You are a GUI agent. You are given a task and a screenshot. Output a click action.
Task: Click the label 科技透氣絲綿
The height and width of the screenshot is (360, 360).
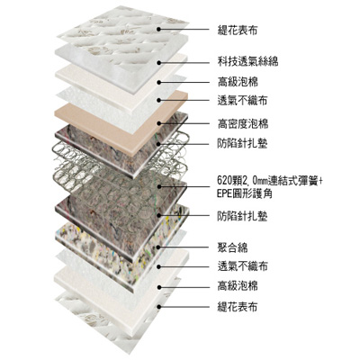point(247,61)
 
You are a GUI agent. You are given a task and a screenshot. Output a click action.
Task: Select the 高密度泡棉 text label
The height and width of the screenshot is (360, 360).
point(243,123)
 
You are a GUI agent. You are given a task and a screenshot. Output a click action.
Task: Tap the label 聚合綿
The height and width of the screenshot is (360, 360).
point(232,248)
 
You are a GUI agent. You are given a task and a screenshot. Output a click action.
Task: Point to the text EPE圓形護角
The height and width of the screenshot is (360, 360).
point(245,193)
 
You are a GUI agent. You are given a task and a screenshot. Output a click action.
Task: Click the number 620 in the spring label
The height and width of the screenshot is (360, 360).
point(224,181)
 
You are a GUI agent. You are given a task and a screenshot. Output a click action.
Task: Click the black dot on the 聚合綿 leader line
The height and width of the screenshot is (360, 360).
point(159,247)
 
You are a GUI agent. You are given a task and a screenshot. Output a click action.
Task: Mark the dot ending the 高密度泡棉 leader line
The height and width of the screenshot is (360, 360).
point(159,123)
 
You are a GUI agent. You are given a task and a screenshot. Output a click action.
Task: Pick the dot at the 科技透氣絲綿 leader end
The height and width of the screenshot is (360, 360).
point(159,63)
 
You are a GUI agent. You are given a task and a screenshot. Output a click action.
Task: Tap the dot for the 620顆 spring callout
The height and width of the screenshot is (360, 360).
point(159,186)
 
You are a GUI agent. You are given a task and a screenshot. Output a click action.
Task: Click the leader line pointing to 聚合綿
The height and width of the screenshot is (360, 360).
point(184,247)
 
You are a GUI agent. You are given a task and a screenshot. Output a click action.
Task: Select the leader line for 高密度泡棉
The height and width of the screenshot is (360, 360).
point(184,123)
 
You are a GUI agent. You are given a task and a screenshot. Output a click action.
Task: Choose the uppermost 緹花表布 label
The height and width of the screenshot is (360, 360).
point(238,31)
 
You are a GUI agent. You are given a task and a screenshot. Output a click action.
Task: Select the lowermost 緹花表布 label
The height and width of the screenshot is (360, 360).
point(238,307)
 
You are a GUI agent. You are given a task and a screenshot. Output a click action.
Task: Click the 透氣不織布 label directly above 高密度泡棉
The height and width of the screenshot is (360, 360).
point(242,101)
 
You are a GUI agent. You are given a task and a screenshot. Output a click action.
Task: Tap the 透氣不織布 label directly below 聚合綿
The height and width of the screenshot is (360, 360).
point(242,266)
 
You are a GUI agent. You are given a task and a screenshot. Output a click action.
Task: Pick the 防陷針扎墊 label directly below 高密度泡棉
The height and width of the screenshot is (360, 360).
point(242,143)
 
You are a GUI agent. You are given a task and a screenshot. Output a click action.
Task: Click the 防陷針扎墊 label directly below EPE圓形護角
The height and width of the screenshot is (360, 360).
point(242,216)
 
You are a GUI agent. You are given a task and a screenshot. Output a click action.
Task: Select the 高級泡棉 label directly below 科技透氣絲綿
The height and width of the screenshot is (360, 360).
point(238,82)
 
